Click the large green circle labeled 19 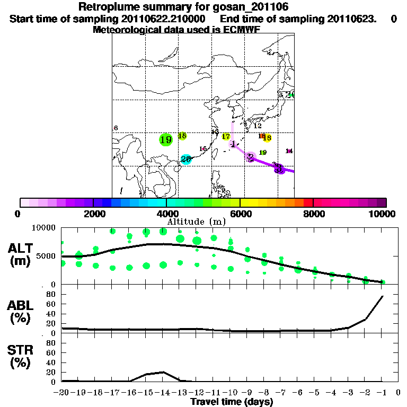[x=166, y=139]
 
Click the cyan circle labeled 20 [x=185, y=159]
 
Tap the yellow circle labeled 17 [x=226, y=137]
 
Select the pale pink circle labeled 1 [x=233, y=144]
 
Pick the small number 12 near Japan [x=258, y=126]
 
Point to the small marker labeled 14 [x=289, y=151]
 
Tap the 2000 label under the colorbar [x=93, y=214]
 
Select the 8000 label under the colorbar [x=313, y=214]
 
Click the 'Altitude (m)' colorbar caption [x=196, y=221]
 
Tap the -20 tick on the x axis [x=61, y=393]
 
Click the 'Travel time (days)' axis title [x=232, y=402]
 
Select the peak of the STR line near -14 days [x=163, y=372]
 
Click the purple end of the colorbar [x=382, y=202]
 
